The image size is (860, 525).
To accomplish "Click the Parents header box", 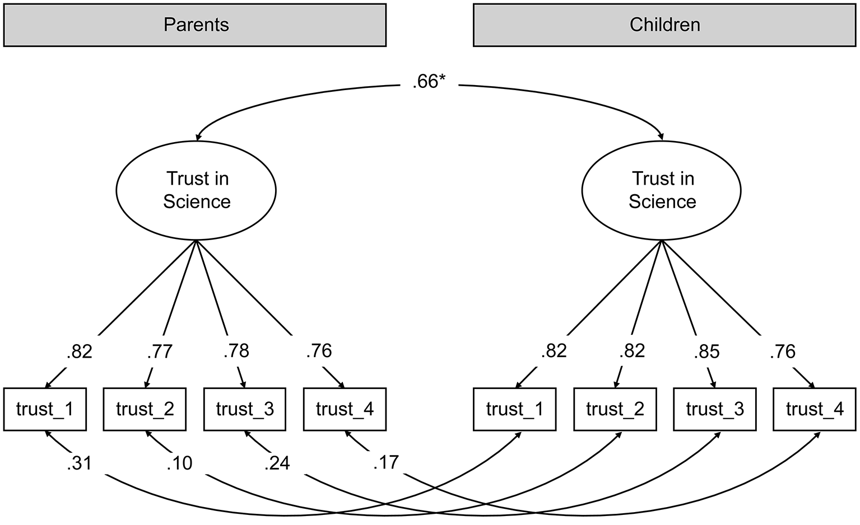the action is click(194, 25).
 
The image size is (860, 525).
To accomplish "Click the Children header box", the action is click(664, 25).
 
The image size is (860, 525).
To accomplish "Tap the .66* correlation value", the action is click(429, 82).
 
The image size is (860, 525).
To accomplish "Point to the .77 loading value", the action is click(160, 351).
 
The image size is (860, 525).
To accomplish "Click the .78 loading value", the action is click(236, 351).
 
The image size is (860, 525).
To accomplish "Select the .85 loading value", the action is click(707, 351).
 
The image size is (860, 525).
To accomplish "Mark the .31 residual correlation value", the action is click(80, 463).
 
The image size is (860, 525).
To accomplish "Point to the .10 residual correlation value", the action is click(179, 463).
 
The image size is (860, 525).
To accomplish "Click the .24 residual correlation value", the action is click(277, 463).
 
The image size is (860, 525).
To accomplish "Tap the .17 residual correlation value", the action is click(386, 462).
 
